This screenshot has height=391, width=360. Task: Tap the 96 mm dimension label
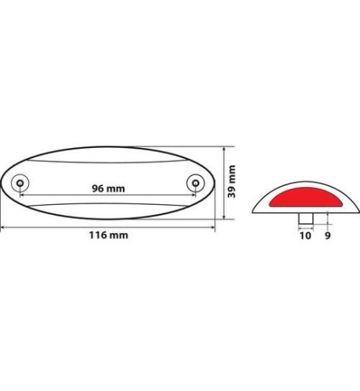(108, 189)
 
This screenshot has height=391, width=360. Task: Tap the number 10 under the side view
(304, 234)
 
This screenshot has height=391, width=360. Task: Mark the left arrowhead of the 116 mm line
(4, 227)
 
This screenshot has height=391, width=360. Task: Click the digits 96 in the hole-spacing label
(99, 189)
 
